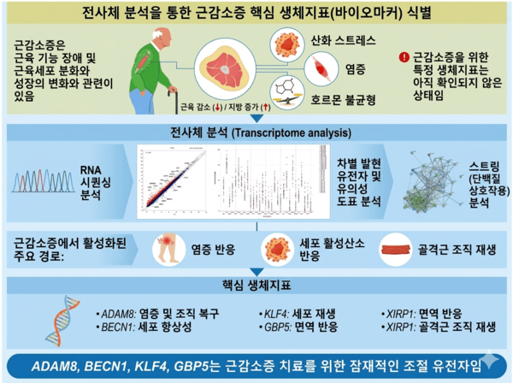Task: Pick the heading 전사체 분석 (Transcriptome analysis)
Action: coord(256,133)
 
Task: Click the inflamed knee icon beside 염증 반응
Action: coord(168,249)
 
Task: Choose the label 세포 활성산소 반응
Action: coord(322,249)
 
